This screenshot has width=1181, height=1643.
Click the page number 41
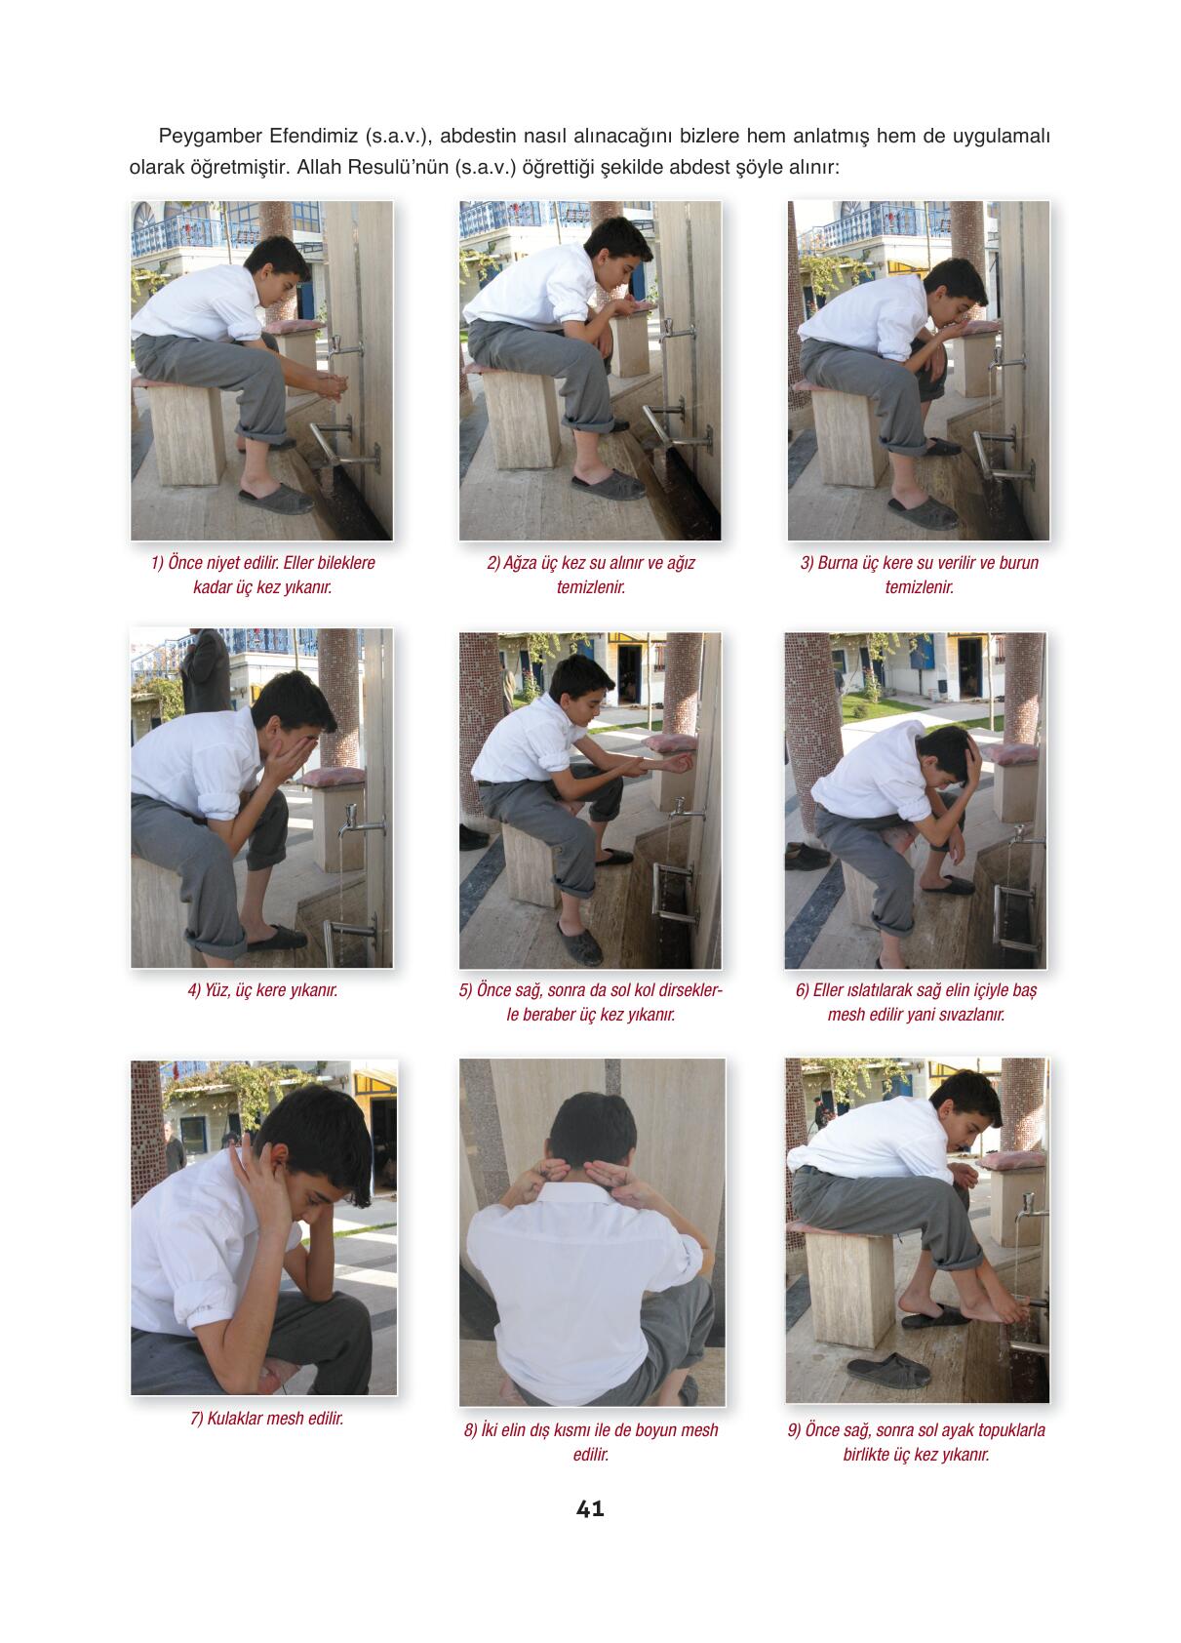click(x=589, y=1508)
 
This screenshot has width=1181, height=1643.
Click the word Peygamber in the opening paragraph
click(x=210, y=137)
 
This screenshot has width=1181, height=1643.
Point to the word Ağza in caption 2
click(x=520, y=563)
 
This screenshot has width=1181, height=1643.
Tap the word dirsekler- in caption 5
click(x=687, y=990)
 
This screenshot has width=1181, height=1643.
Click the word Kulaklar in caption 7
click(x=235, y=1418)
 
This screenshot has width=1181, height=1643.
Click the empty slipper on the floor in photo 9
click(x=888, y=1370)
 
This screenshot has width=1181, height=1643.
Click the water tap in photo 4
click(x=356, y=823)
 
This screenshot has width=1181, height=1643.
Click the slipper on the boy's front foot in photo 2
click(x=608, y=485)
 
